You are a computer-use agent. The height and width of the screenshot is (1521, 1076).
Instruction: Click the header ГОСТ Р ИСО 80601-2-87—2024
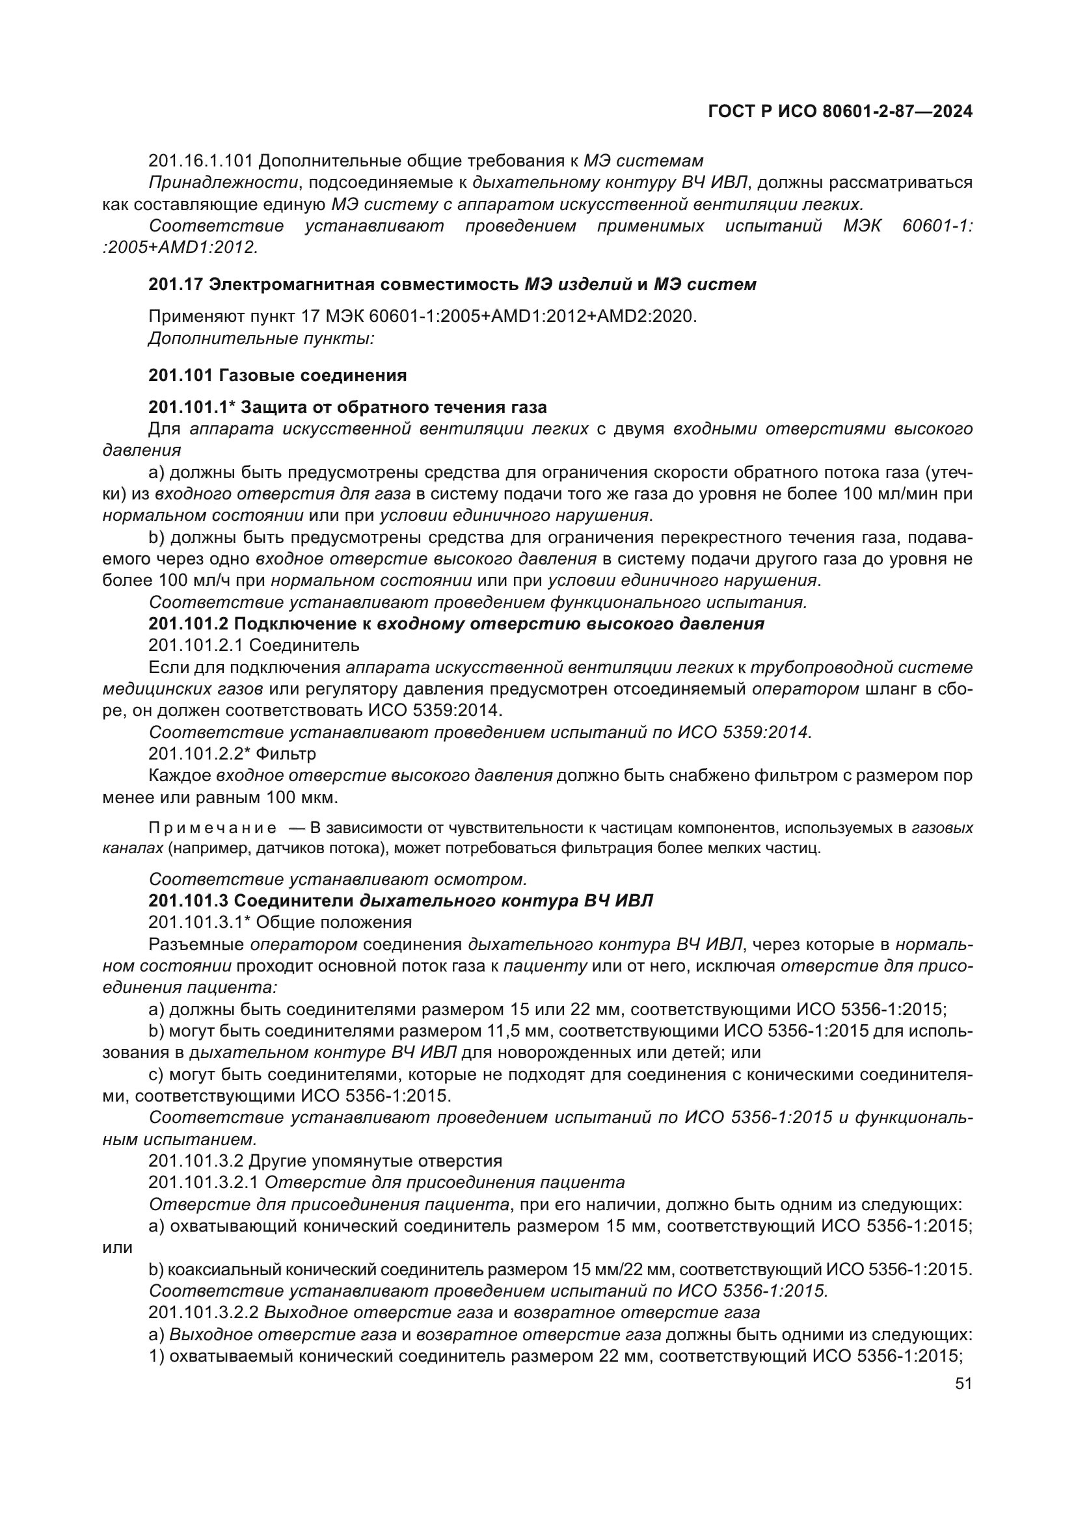coord(840,111)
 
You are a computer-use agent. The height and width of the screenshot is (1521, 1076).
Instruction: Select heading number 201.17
coord(176,285)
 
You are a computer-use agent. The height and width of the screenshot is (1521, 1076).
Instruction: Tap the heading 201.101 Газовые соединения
coord(277,376)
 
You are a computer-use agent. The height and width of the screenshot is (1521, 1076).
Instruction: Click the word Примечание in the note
coord(213,828)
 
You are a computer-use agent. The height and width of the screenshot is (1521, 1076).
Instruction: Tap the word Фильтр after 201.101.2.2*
coord(286,754)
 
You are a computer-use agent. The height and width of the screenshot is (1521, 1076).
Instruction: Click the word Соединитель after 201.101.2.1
coord(304,645)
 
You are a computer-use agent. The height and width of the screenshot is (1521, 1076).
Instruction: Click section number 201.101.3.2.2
coord(204,1312)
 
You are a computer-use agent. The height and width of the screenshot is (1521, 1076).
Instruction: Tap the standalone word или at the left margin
coord(117,1248)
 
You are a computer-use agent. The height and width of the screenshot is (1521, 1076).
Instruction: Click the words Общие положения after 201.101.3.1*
coord(333,922)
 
